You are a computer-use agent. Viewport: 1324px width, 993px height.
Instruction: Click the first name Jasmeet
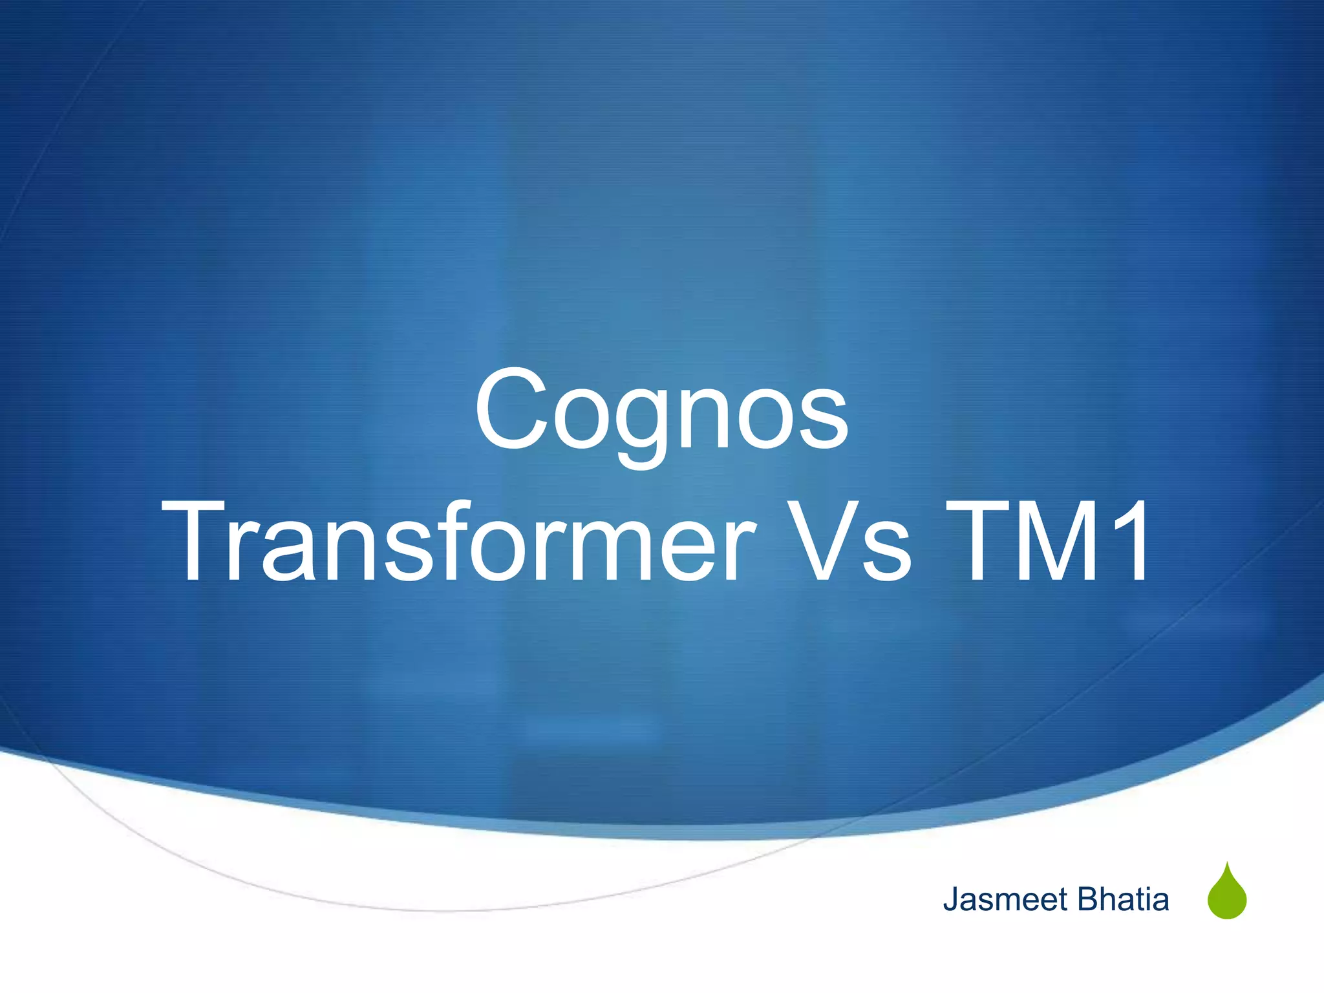tap(1005, 899)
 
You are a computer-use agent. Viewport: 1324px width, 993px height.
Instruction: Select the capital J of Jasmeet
tap(950, 900)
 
